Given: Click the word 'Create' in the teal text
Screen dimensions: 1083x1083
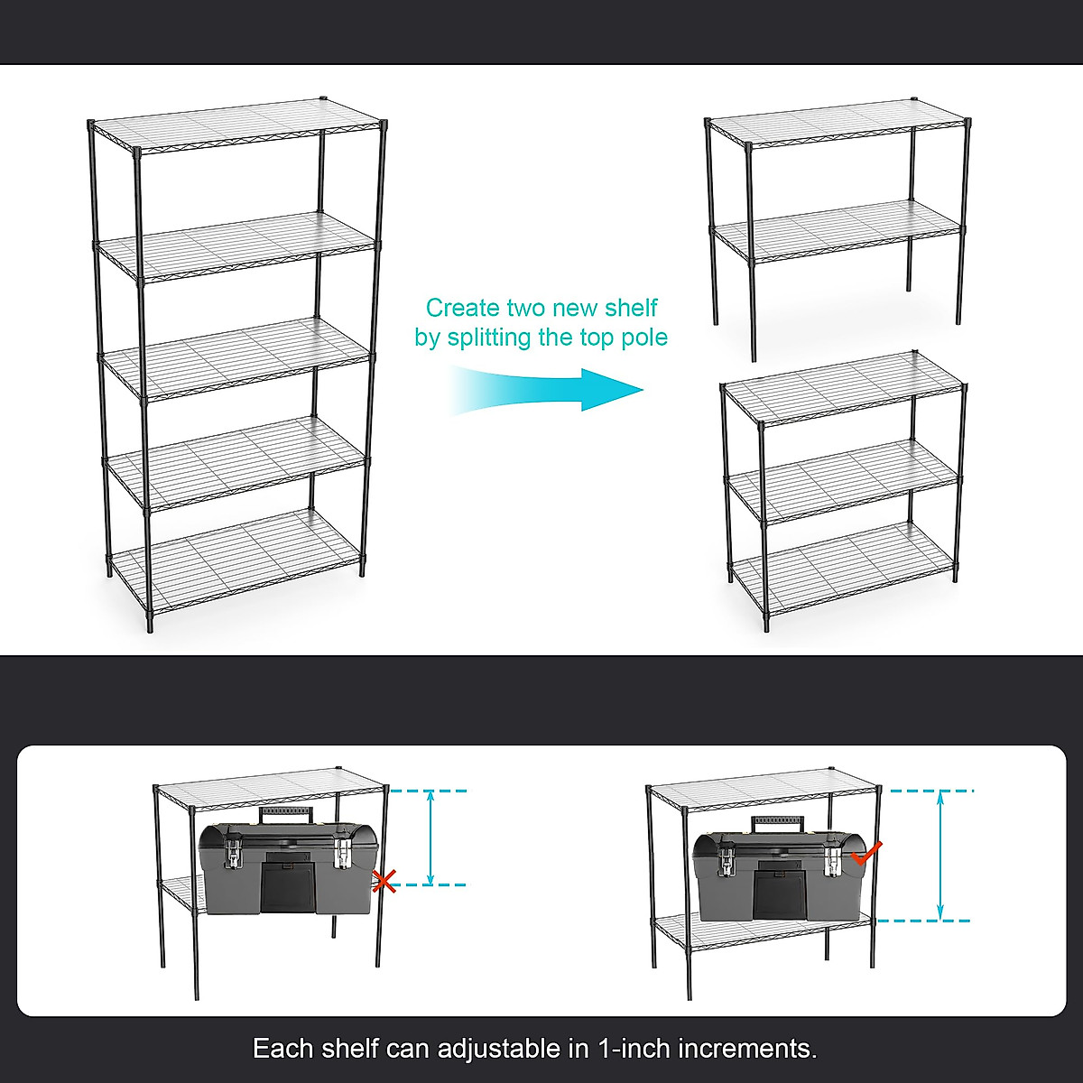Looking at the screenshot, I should click(462, 308).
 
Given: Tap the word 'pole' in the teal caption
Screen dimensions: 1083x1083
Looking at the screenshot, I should click(644, 338).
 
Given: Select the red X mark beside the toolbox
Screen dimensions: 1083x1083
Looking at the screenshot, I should click(385, 881).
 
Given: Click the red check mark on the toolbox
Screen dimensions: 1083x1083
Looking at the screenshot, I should click(865, 851).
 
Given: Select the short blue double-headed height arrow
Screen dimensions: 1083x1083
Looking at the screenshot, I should click(430, 838).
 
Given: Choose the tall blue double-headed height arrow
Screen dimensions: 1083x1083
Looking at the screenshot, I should click(940, 855).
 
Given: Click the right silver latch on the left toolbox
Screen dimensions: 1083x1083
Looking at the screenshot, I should click(342, 852).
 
